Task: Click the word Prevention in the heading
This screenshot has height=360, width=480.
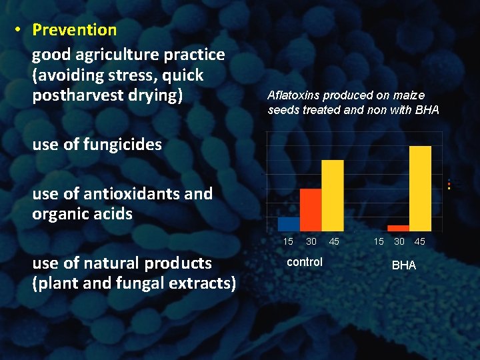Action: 74,30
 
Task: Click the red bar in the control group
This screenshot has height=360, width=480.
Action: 311,209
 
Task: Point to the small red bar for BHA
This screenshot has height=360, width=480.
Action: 398,228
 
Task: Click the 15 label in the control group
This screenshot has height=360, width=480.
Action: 288,241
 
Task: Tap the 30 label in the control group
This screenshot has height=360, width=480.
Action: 311,241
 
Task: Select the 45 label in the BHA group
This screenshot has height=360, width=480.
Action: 420,241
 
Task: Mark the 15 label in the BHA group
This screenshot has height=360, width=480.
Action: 378,241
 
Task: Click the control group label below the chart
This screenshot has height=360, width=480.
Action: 304,262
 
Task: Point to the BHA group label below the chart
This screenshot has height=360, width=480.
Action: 403,265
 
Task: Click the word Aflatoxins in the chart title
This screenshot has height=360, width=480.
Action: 291,95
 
